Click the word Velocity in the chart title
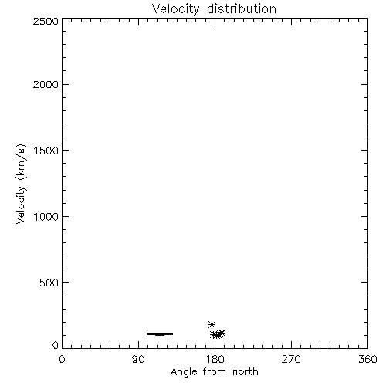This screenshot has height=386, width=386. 175,9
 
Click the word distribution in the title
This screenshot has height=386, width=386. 242,8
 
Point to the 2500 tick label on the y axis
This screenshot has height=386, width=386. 46,21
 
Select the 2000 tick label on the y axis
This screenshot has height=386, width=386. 46,84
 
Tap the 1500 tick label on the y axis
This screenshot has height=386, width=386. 46,151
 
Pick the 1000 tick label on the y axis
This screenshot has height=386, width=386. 46,217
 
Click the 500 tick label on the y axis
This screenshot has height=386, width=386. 49,283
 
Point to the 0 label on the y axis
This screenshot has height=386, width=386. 56,345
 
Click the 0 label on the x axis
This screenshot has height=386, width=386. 62,359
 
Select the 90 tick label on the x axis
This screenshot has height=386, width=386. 138,359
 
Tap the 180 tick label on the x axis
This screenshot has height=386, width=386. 215,359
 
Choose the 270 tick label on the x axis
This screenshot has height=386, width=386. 291,359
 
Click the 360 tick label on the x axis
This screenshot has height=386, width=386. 367,359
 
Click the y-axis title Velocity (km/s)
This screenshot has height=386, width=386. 21,184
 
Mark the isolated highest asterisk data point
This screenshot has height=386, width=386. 212,324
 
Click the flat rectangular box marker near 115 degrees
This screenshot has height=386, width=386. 160,334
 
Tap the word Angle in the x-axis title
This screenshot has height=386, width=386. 184,372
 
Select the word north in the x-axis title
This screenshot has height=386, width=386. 245,371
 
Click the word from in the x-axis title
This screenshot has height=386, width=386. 215,371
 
